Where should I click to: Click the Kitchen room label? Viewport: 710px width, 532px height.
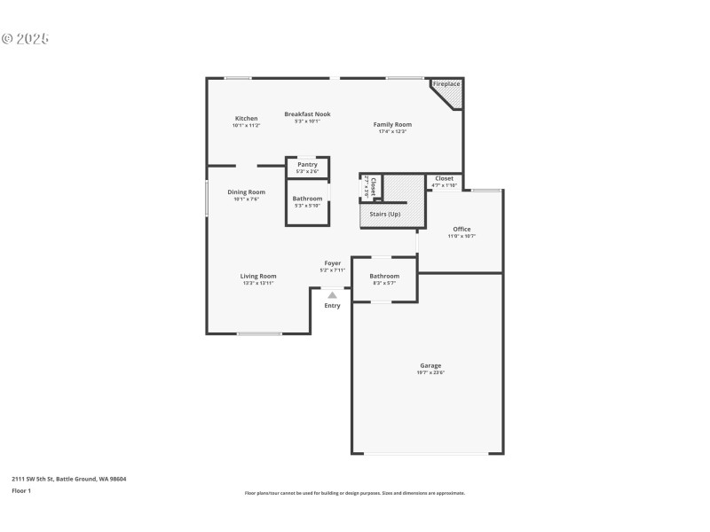pos(246,119)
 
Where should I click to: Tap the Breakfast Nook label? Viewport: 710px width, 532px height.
pos(307,113)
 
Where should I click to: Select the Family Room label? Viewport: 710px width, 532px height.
pos(391,125)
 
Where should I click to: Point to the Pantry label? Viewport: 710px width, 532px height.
pos(307,164)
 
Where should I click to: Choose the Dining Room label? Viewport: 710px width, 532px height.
pos(246,192)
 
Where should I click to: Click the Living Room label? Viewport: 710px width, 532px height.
pos(257,276)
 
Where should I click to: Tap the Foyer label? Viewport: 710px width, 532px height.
pos(332,263)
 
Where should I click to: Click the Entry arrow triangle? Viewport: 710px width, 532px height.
pos(332,295)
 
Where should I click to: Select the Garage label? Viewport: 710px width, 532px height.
pos(430,365)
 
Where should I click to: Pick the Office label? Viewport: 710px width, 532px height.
pos(461,229)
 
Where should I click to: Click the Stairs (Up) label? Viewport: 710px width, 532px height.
pos(384,215)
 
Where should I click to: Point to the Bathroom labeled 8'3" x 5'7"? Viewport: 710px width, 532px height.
pos(384,276)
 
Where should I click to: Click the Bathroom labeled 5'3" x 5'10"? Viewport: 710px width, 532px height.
pos(307,199)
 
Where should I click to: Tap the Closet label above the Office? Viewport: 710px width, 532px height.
pos(444,178)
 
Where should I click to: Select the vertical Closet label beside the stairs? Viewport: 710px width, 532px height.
pos(374,186)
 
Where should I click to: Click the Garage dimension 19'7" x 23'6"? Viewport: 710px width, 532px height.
pos(430,372)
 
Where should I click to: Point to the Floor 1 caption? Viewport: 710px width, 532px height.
pos(21,490)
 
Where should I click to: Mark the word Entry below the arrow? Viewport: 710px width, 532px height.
pos(332,306)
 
